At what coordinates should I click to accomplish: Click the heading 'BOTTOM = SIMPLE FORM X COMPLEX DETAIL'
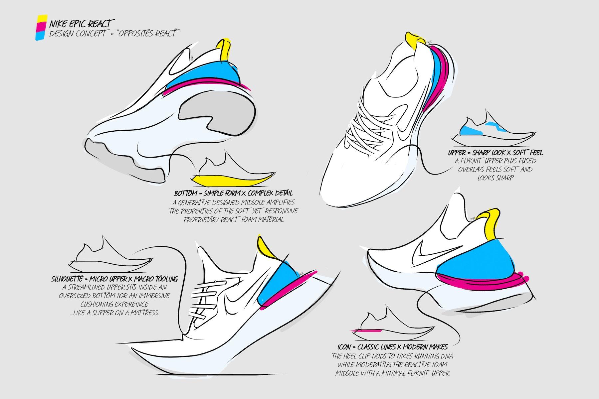234,194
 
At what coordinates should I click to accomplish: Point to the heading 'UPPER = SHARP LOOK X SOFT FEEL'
495,153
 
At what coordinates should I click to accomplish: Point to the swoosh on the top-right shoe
404,130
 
